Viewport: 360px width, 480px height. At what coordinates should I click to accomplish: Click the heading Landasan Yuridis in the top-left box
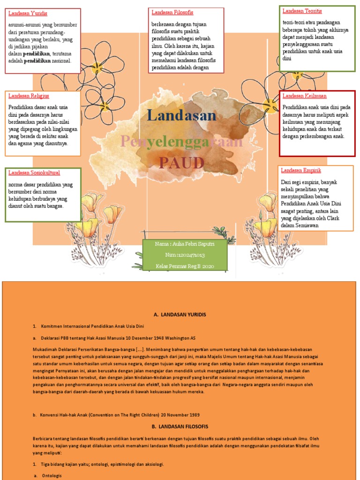tap(28, 14)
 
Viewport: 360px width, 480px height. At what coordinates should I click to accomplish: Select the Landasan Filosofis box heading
tap(172, 12)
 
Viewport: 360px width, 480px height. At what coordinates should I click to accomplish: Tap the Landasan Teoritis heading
tap(302, 11)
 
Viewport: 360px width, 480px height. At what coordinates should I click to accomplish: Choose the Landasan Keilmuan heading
tap(304, 96)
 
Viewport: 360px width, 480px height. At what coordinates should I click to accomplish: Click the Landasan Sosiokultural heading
tap(34, 173)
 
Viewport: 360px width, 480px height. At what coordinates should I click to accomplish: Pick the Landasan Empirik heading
tap(301, 170)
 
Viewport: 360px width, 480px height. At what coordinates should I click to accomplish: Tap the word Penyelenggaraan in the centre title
tap(182, 141)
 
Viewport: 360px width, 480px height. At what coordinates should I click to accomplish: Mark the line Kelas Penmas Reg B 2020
tap(184, 266)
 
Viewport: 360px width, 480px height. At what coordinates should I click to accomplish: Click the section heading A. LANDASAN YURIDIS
tap(180, 314)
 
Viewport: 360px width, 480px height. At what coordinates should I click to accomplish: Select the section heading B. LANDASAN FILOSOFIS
tap(180, 427)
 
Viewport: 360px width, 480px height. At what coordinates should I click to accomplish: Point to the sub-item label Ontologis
tap(52, 475)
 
